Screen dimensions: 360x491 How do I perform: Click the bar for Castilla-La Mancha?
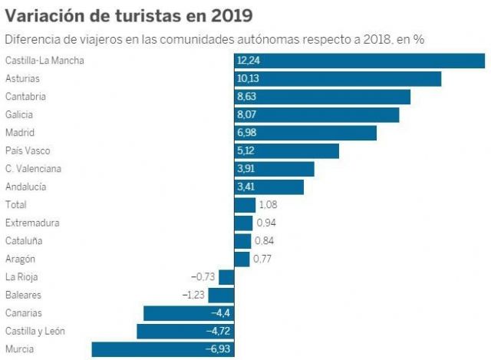[x=359, y=61]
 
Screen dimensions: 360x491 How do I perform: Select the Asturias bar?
[x=338, y=79]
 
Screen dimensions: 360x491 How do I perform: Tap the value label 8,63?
[x=247, y=97]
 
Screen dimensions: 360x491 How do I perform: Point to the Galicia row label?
[x=20, y=114]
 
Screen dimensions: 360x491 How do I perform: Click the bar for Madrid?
[x=305, y=133]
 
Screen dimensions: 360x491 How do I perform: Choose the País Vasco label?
[x=28, y=151]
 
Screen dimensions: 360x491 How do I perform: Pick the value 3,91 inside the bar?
[x=247, y=169]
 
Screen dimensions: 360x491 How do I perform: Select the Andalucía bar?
[x=269, y=187]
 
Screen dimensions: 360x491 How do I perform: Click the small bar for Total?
[x=245, y=205]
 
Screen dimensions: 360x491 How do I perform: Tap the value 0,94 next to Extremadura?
[x=265, y=223]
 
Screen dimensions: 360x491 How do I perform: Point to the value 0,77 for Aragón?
[x=263, y=259]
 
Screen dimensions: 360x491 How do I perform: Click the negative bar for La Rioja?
[x=226, y=277]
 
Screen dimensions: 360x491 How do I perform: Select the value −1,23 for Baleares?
[x=193, y=296]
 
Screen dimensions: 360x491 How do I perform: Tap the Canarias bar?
[x=188, y=313]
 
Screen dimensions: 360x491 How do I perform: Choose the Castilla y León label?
[x=35, y=332]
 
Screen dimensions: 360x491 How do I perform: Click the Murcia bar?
[x=162, y=349]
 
